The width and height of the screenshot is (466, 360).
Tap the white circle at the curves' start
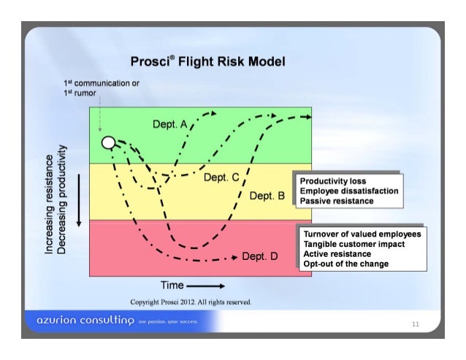108,142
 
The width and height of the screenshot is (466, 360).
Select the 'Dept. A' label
170,125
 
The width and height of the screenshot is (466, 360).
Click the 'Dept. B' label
266,196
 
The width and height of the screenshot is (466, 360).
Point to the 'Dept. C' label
221,177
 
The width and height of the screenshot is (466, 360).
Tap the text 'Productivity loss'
333,181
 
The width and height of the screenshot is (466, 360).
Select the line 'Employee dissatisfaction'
349,191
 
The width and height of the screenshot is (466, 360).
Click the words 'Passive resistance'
337,200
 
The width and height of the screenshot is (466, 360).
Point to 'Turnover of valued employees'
362,234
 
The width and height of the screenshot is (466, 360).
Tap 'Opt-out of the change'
345,264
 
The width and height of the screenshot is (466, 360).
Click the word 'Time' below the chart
173,285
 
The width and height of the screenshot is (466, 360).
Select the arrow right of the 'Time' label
206,286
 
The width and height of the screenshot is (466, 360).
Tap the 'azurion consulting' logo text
77,322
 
